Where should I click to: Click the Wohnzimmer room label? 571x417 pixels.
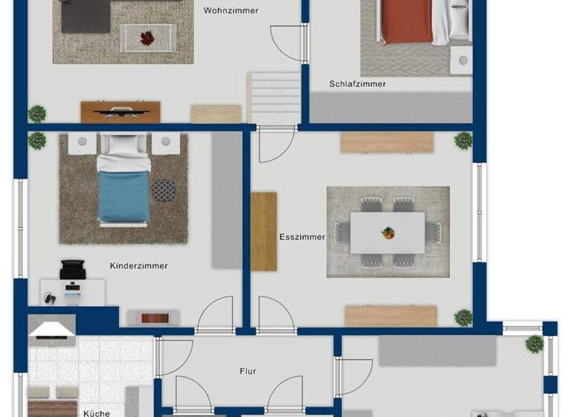click(230, 10)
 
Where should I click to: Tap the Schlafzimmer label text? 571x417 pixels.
click(358, 84)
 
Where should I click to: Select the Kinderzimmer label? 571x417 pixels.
click(138, 266)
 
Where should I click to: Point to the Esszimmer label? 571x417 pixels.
click(302, 238)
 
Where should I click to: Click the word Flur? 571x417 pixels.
click(248, 371)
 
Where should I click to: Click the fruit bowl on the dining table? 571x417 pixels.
click(387, 233)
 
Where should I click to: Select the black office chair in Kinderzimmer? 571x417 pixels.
click(73, 270)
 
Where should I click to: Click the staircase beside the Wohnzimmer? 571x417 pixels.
click(274, 98)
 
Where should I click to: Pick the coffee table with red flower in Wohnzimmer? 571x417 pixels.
click(149, 37)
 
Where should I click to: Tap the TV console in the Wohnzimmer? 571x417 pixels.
click(120, 112)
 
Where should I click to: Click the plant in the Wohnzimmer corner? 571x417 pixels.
click(36, 114)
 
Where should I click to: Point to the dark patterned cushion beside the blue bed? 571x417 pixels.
click(164, 190)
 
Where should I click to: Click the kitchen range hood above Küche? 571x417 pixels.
click(51, 327)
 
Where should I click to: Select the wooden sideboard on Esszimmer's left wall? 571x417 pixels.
click(263, 232)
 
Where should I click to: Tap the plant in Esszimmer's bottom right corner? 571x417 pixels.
click(464, 317)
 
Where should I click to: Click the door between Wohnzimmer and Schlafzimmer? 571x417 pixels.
click(287, 42)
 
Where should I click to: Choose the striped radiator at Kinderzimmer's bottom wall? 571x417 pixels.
click(153, 318)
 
